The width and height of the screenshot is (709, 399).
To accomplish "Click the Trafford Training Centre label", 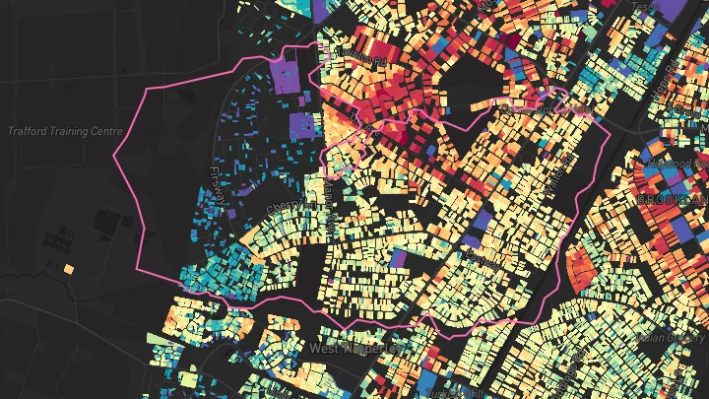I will click(65, 131).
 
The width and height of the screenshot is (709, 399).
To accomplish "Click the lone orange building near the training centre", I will click(68, 268).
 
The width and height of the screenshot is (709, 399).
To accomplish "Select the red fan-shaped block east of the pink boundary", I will click(581, 266).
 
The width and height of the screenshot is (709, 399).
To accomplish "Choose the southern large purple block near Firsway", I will click(303, 126).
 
